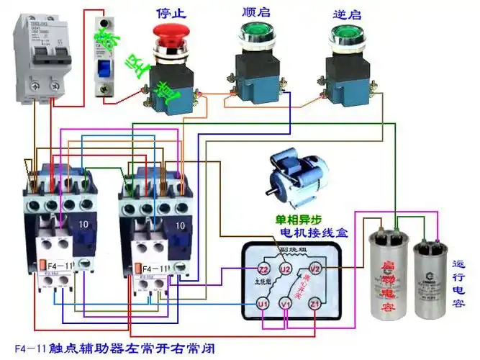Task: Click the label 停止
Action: point(171,12)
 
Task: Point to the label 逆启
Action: point(345,12)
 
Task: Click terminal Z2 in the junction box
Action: point(263,269)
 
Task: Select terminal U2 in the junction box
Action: point(286,269)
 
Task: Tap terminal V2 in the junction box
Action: point(314,269)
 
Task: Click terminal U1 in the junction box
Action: point(263,305)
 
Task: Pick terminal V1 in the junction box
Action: point(286,305)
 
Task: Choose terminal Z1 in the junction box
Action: point(314,305)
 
